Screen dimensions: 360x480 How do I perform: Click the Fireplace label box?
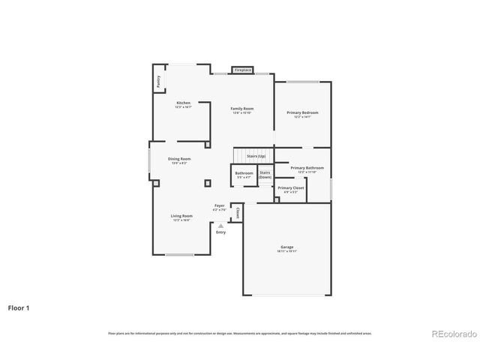click(242, 70)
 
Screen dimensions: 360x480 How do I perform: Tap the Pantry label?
click(158, 82)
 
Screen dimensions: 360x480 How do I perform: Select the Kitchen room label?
click(183, 103)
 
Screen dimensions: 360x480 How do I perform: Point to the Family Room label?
click(241, 109)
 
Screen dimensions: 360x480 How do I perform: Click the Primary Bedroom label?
click(302, 112)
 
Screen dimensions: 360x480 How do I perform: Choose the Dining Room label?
click(179, 159)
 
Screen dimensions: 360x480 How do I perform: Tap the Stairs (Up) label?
click(246, 155)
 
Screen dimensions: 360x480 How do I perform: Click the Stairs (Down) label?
click(265, 174)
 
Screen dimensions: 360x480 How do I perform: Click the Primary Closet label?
click(290, 188)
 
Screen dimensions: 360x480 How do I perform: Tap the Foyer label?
click(220, 205)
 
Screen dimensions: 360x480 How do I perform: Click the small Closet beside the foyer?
click(237, 213)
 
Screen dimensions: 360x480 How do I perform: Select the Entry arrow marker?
click(220, 225)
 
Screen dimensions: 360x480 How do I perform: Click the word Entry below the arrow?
click(220, 232)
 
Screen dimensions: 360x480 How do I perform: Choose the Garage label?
click(286, 247)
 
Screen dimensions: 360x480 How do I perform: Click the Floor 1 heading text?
click(19, 307)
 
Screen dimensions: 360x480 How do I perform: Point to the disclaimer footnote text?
click(240, 333)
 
